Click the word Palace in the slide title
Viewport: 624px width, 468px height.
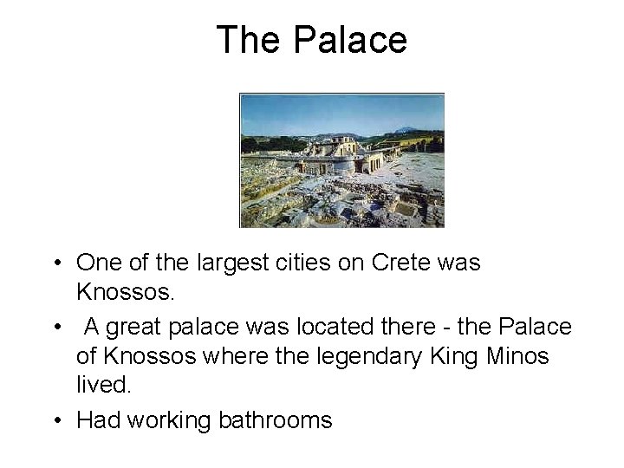tap(350, 40)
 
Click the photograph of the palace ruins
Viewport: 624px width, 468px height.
tap(341, 160)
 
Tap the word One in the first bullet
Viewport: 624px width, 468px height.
tap(100, 263)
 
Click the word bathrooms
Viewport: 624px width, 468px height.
tap(275, 420)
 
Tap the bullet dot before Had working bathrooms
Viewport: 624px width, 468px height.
tap(55, 421)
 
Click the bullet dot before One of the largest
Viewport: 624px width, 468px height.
tap(55, 263)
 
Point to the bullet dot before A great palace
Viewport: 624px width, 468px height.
tap(55, 328)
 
